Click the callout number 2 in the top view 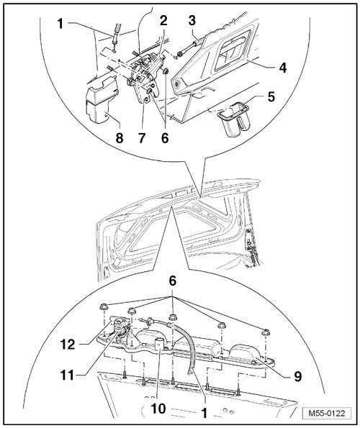click(x=163, y=20)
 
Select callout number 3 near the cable click(x=192, y=20)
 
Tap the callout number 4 click(x=283, y=68)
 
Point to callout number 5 click(x=271, y=96)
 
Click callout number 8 click(x=120, y=138)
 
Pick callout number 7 click(x=142, y=138)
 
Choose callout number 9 click(x=297, y=377)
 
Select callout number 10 click(x=158, y=409)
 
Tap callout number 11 click(x=67, y=375)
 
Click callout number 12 click(x=68, y=345)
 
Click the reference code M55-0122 click(x=327, y=413)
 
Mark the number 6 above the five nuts click(x=172, y=281)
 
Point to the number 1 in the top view click(x=60, y=24)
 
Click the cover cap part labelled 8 click(x=102, y=101)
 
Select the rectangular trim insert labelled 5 click(x=234, y=118)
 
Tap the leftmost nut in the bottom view click(x=104, y=307)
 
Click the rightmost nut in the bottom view click(x=265, y=332)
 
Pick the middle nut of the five click(x=173, y=317)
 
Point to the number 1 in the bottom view click(x=204, y=413)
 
